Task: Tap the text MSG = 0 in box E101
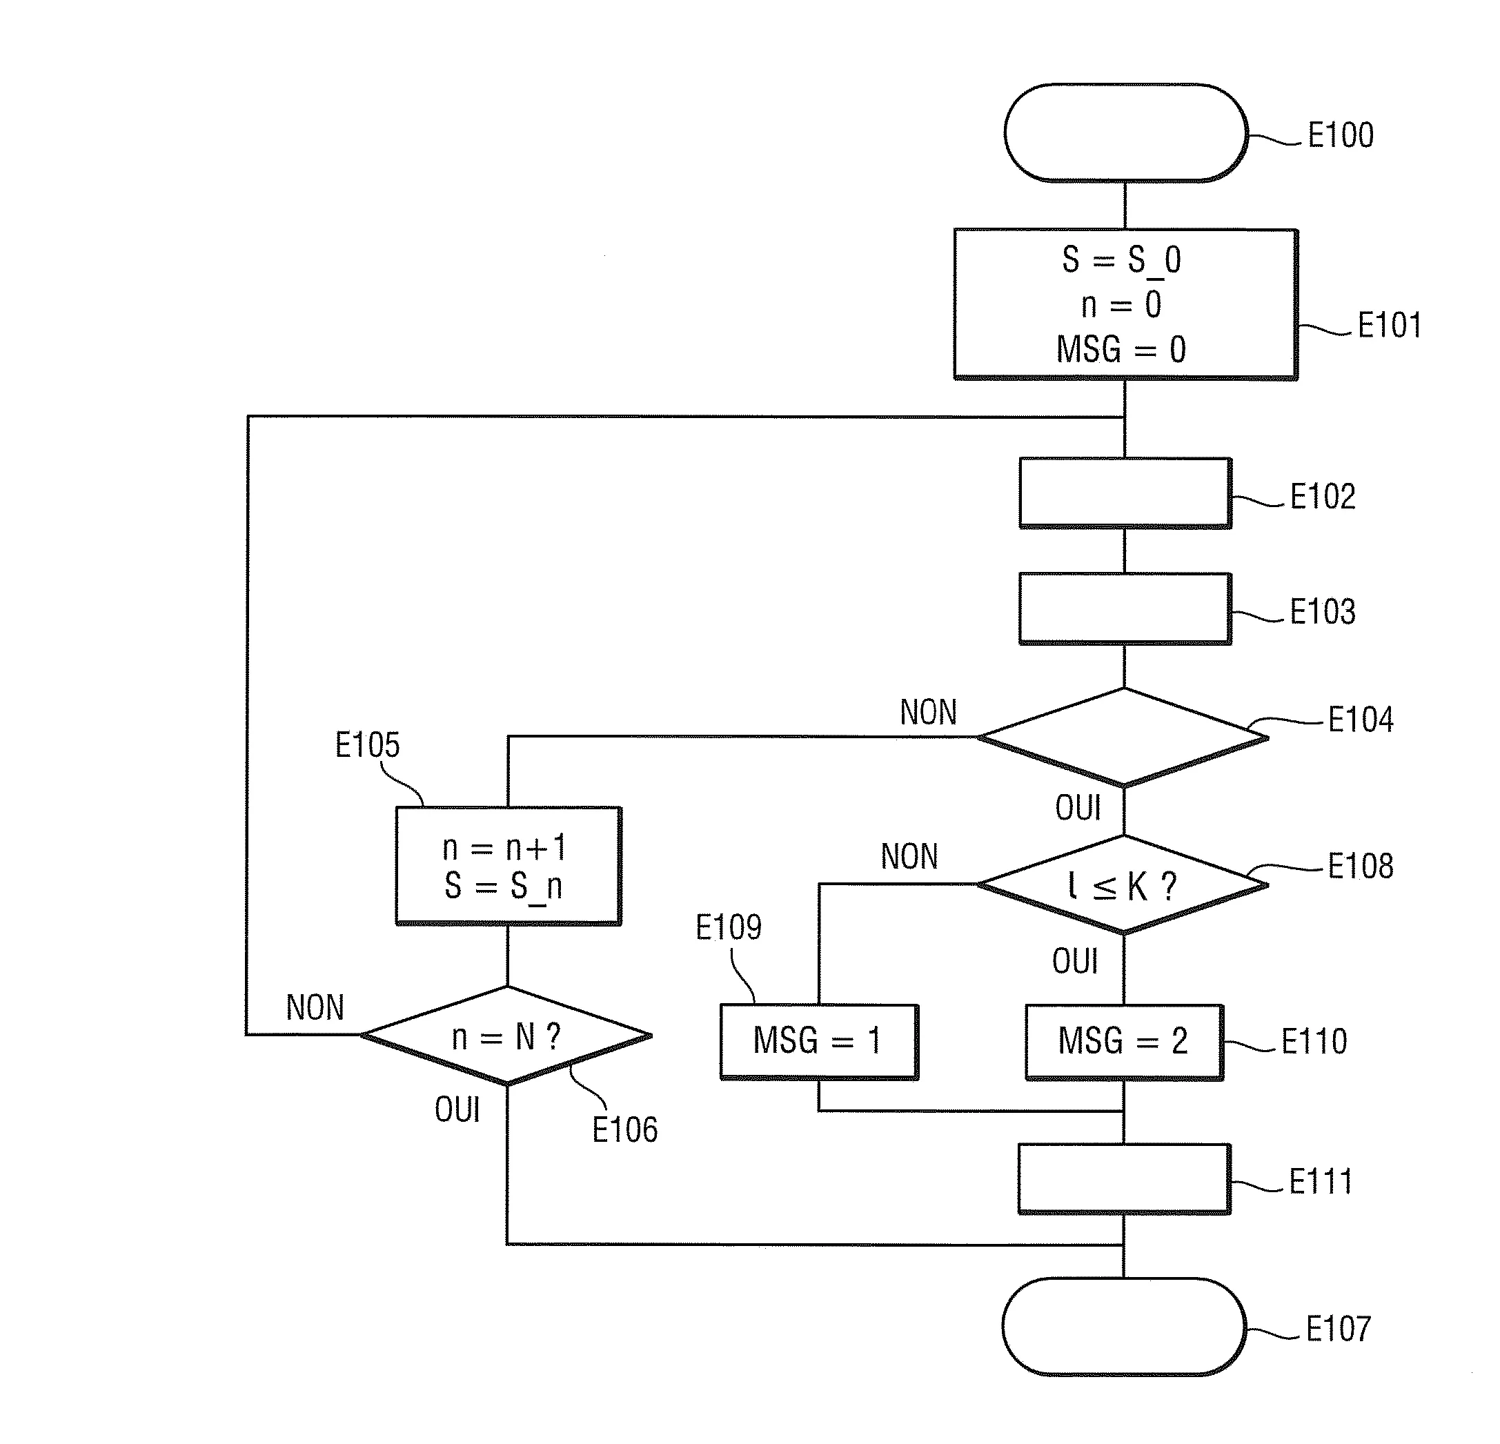click(x=1121, y=350)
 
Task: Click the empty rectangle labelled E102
click(x=1125, y=493)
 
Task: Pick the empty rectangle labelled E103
click(x=1125, y=609)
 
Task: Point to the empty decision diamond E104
click(x=1123, y=737)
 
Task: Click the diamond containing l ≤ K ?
click(x=1123, y=885)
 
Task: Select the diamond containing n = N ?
click(x=506, y=1036)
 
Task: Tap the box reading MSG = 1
click(x=818, y=1040)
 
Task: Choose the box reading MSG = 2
click(x=1123, y=1040)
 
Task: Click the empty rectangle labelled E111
click(x=1123, y=1179)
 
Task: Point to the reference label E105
click(x=367, y=745)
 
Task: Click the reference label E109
click(x=728, y=927)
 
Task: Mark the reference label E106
click(x=624, y=1129)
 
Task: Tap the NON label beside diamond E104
click(x=928, y=713)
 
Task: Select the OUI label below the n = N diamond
click(x=457, y=1109)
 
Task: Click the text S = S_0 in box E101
click(x=1121, y=260)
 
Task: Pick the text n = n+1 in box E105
click(x=504, y=848)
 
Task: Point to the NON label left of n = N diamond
click(x=315, y=1008)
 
